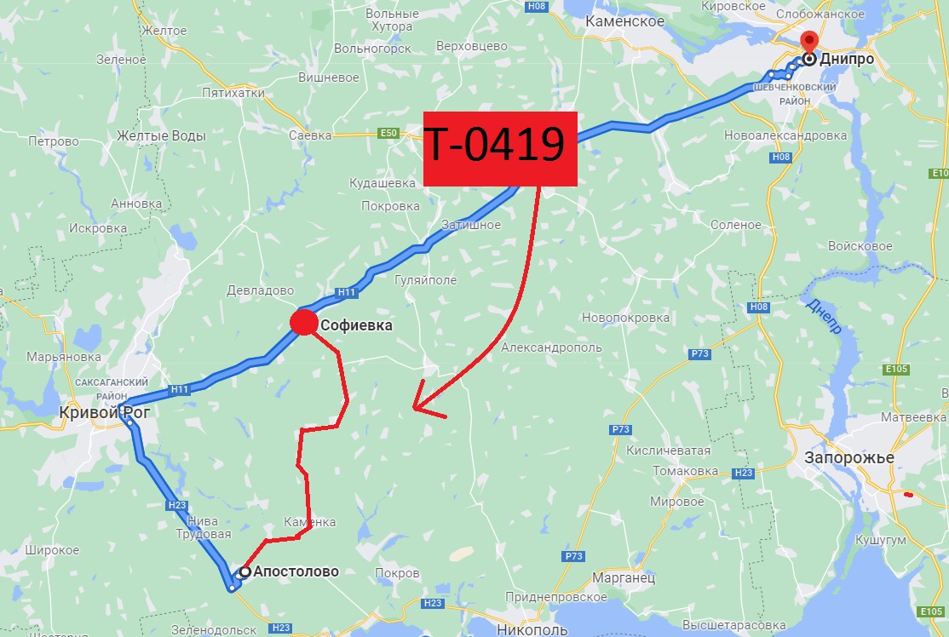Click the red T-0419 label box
tap(500, 148)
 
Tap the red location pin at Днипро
tap(808, 41)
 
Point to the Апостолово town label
tap(296, 571)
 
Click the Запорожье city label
tap(849, 457)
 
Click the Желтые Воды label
tap(162, 135)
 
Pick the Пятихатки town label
tap(233, 92)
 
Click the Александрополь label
tap(551, 347)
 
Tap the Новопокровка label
tap(625, 318)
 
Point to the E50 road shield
tap(388, 134)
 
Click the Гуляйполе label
tap(425, 279)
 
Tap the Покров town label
tap(397, 573)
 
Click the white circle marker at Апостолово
tap(244, 571)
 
